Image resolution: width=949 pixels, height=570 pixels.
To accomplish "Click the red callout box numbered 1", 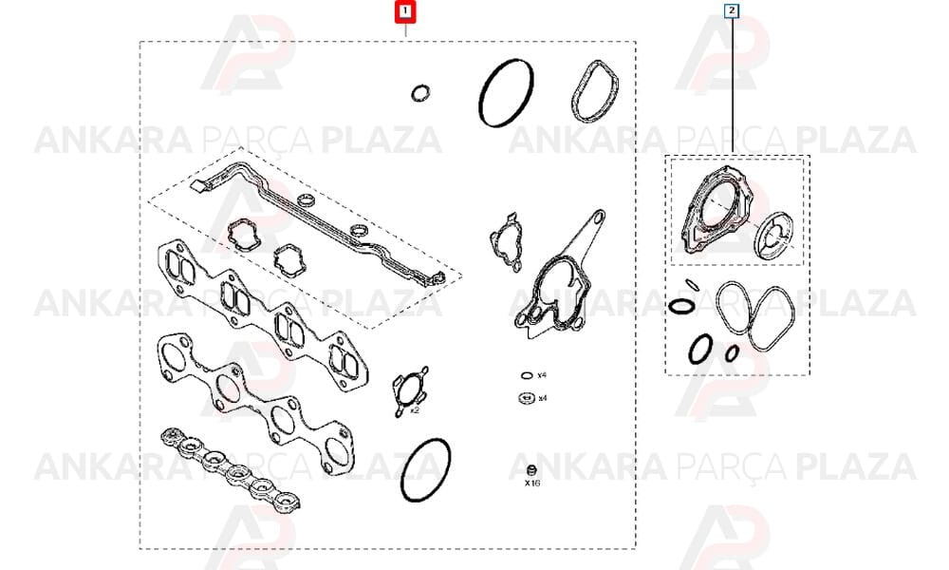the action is click(404, 11).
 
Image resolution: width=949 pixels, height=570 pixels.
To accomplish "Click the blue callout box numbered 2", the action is click(732, 10).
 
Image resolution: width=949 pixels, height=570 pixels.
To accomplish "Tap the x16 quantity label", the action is click(532, 483).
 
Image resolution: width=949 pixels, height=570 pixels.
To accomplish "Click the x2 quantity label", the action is click(415, 410).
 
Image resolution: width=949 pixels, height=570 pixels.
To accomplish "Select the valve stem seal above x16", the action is click(532, 470).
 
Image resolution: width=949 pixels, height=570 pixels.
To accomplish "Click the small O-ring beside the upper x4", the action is click(527, 375).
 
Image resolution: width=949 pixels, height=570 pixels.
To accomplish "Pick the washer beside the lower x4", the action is click(526, 398).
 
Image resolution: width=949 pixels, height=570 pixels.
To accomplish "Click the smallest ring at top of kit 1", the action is click(420, 94).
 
